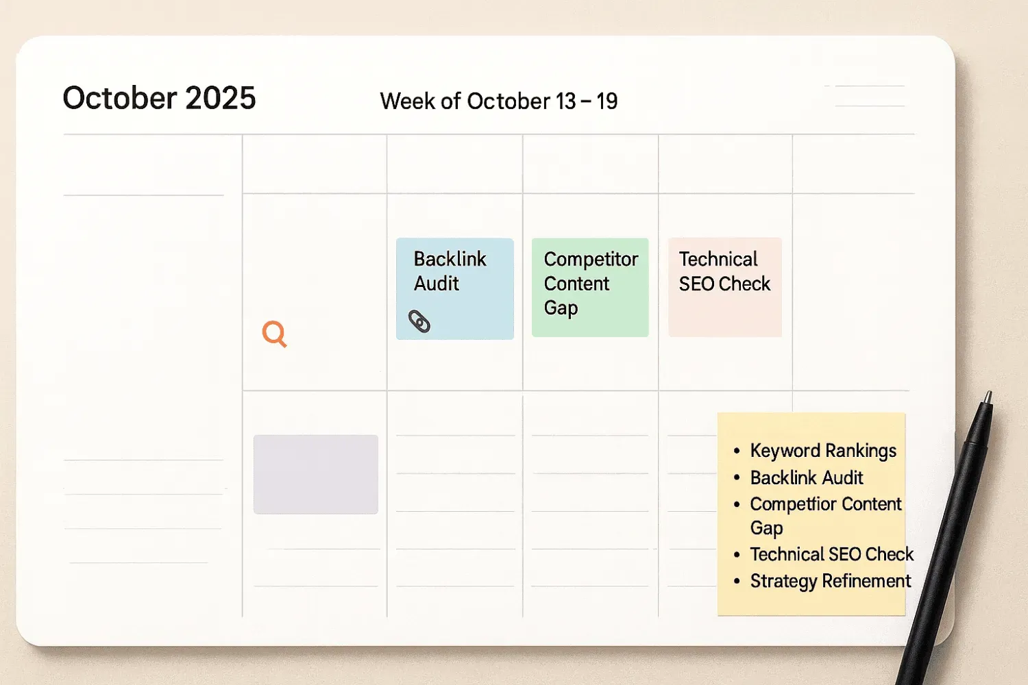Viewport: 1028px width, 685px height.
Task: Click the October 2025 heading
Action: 159,99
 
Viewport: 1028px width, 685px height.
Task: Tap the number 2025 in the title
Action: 221,99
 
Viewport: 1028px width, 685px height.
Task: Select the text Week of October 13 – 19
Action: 498,101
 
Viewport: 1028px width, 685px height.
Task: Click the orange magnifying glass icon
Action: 274,334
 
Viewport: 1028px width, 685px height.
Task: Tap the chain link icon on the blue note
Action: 419,321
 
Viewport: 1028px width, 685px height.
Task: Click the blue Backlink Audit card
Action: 455,288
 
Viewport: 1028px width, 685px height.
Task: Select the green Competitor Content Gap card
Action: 590,287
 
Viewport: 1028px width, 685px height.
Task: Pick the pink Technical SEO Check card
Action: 724,287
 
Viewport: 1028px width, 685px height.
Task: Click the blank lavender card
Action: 316,474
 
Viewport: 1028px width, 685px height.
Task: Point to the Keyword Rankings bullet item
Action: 823,451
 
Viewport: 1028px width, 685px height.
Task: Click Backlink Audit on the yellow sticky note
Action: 807,477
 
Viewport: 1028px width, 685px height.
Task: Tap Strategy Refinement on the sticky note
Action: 831,581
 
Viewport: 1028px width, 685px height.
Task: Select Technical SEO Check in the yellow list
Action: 832,554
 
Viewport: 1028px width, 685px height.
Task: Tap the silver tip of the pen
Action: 988,397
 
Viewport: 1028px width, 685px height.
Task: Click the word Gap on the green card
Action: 561,308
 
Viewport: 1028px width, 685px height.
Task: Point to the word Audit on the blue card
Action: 437,284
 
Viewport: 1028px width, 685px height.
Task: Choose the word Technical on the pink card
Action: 718,259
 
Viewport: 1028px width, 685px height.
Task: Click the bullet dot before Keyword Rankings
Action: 737,451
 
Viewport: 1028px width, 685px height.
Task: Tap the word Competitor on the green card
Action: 591,259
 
